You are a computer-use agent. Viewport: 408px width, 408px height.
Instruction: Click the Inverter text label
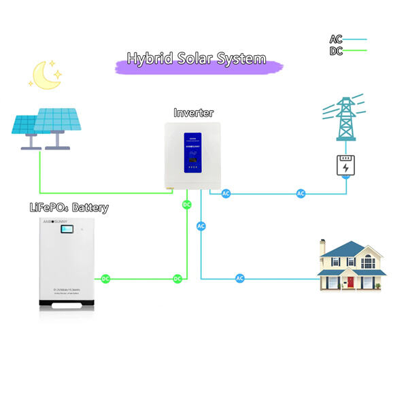(194, 113)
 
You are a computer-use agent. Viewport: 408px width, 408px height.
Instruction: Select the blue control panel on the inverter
(194, 156)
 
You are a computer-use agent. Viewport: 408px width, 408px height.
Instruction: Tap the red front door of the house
(352, 282)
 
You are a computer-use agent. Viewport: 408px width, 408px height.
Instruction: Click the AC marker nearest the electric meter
(301, 194)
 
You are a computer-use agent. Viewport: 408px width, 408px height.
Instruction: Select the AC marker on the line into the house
(240, 278)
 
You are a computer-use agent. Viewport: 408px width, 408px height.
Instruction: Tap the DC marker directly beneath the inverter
(187, 204)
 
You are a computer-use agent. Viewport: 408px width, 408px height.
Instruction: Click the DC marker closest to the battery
(105, 279)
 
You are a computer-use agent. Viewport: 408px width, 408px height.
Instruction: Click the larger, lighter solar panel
(58, 118)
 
